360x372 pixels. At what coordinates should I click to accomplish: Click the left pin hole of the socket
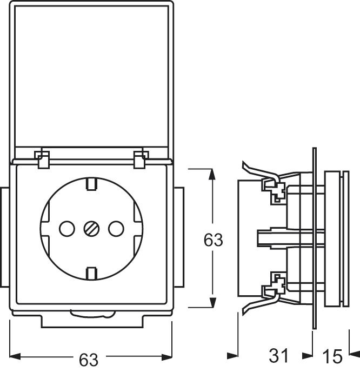pos(66,229)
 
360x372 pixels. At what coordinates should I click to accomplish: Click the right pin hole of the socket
pos(114,229)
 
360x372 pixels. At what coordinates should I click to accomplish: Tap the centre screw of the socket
pos(90,229)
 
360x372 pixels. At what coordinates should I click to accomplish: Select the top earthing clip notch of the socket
pos(91,184)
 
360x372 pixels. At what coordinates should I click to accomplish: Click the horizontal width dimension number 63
pos(90,358)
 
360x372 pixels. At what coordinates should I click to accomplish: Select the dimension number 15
pos(332,356)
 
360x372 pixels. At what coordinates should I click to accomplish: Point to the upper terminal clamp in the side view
pos(275,190)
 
